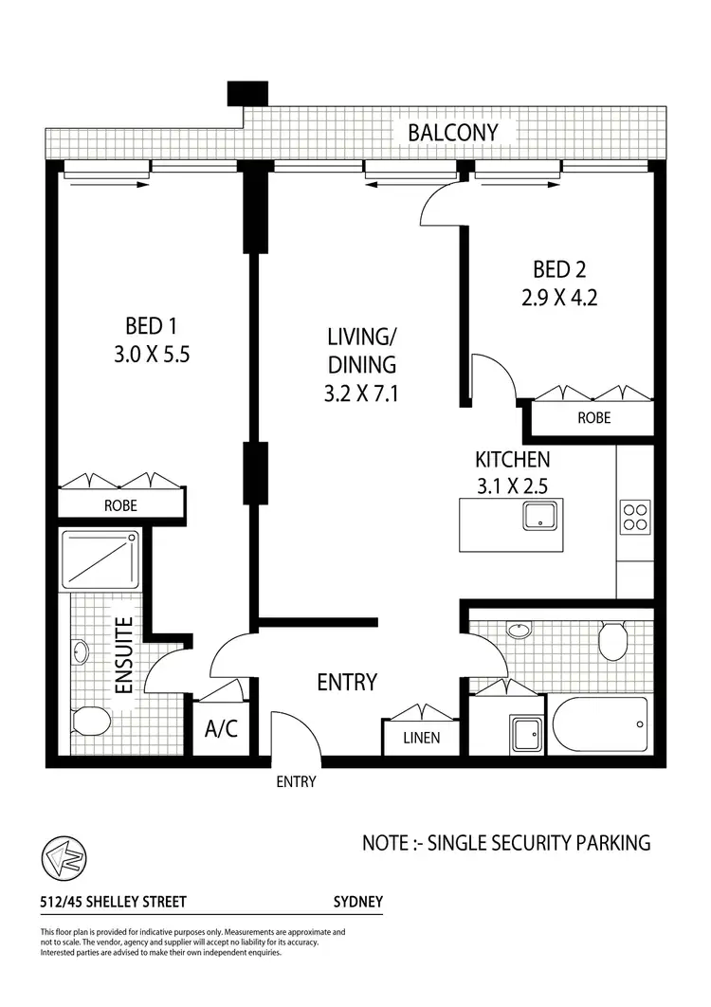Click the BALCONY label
pos(452,132)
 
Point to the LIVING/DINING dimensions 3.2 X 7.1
pos(361,393)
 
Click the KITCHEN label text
pos(512,461)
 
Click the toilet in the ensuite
pos(89,725)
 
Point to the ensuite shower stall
pos(99,559)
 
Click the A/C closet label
pos(221,730)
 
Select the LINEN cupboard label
pos(421,738)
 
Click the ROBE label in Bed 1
pos(120,505)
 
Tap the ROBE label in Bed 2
pos(593,417)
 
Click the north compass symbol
pos(63,859)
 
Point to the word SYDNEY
pos(358,902)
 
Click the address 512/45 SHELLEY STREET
pos(100,902)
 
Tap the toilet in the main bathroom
pos(613,640)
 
